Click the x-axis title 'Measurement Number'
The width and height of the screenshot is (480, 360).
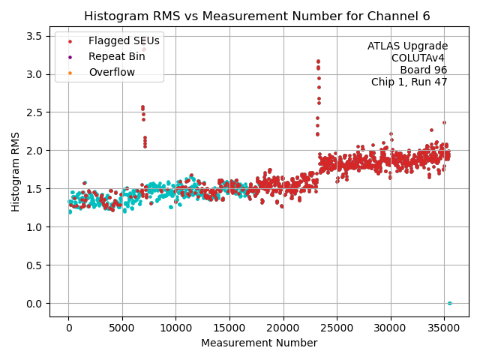click(259, 343)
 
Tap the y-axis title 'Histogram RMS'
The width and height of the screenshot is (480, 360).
click(16, 172)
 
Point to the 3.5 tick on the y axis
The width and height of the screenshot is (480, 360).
click(35, 36)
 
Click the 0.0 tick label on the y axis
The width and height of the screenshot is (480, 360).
click(35, 304)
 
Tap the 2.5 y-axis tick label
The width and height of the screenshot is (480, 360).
click(35, 112)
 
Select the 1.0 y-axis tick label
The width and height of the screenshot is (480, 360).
click(35, 227)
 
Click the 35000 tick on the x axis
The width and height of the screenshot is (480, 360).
click(444, 326)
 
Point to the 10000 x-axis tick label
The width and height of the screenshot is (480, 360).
click(175, 326)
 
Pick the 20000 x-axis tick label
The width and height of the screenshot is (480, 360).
click(283, 326)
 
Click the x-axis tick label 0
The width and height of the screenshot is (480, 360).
click(68, 326)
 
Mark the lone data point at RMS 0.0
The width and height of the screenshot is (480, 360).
click(449, 303)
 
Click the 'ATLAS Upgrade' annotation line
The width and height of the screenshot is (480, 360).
click(407, 46)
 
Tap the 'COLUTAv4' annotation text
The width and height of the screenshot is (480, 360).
click(419, 58)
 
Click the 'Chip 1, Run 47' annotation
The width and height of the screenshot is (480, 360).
click(409, 82)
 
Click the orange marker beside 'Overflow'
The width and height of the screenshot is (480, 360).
click(70, 73)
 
